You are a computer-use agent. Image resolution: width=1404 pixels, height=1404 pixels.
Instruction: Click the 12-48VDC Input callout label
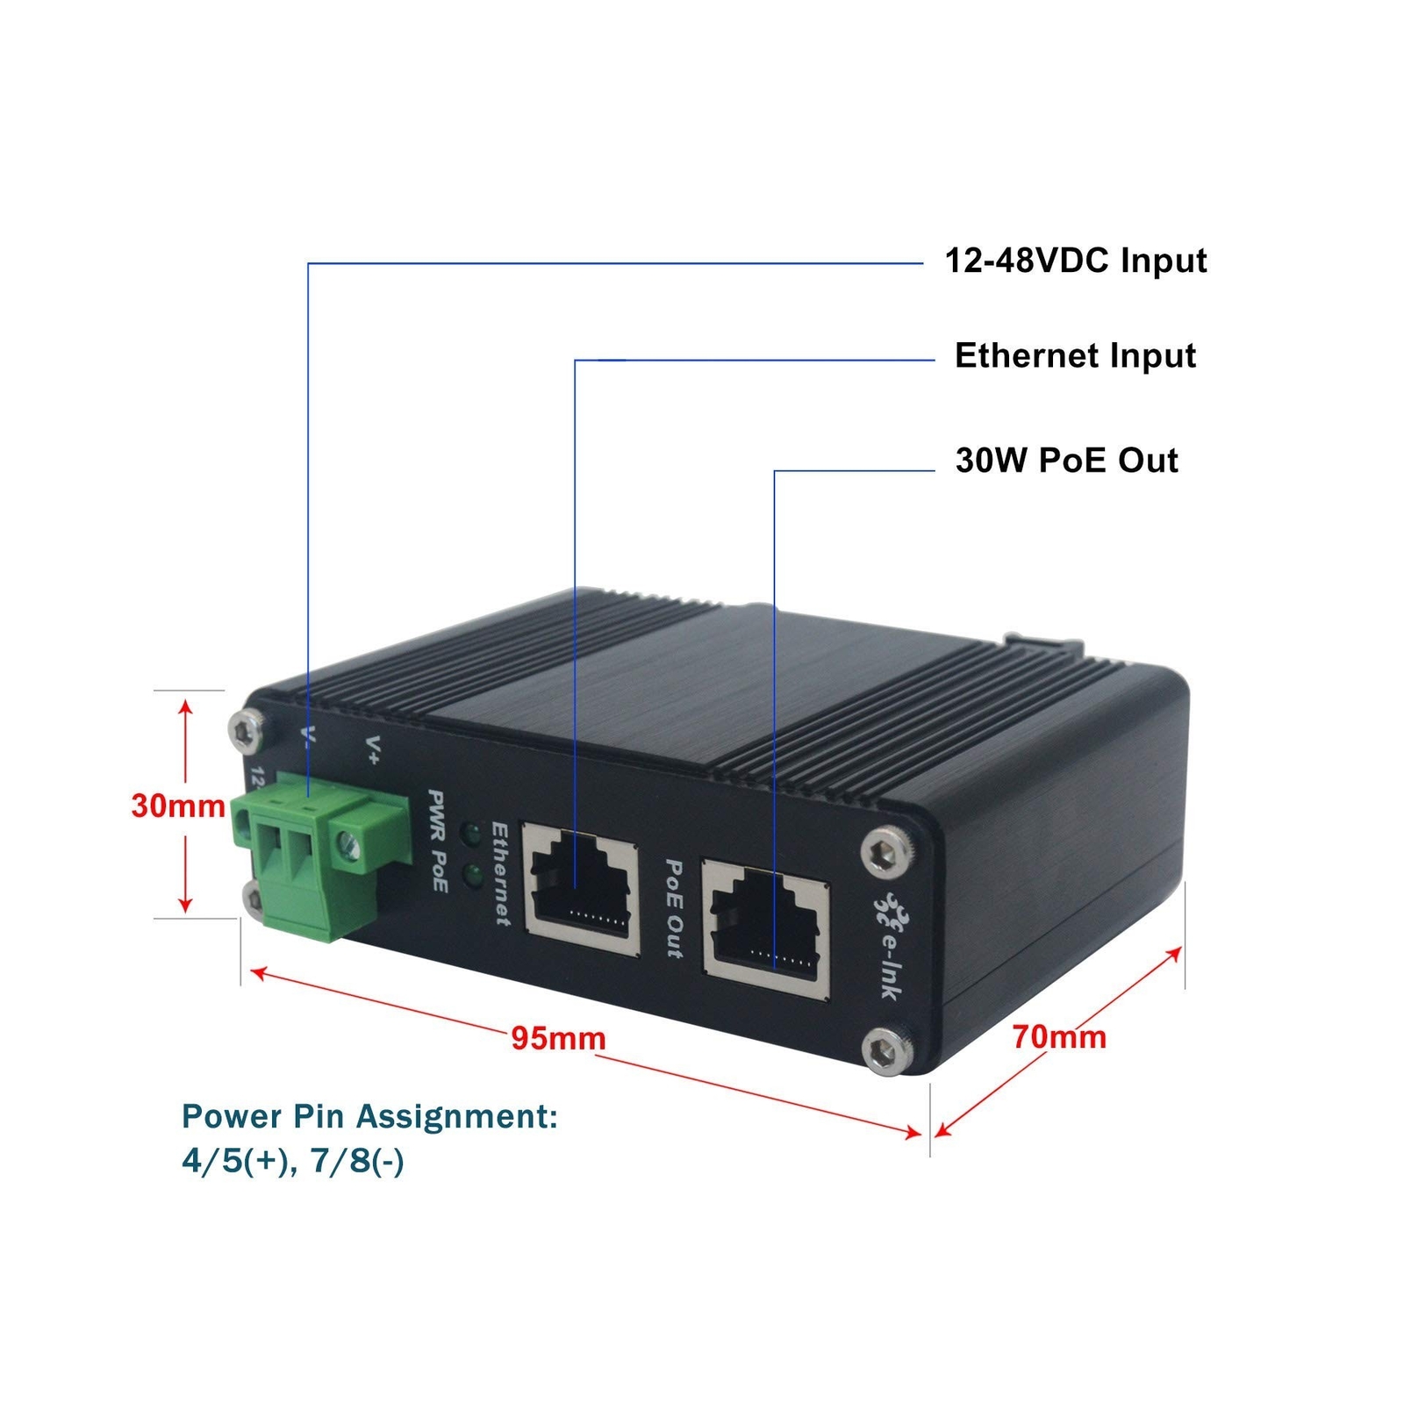(x=1075, y=261)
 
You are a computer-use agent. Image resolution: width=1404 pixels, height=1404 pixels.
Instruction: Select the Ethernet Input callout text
(x=1075, y=356)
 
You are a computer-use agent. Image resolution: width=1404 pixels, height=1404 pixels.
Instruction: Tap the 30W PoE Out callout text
(x=1066, y=461)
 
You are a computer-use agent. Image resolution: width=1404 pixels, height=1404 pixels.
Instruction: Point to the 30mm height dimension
(x=178, y=806)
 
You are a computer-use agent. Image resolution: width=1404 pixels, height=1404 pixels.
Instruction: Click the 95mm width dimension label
(x=558, y=1038)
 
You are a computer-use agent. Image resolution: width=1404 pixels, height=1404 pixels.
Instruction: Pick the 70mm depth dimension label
(x=1059, y=1037)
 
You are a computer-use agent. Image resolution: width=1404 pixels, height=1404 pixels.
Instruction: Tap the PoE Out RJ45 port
(x=766, y=928)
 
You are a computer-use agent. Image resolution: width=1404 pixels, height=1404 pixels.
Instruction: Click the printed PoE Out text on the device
(x=673, y=907)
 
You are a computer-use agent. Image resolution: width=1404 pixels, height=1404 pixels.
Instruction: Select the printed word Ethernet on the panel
(x=500, y=873)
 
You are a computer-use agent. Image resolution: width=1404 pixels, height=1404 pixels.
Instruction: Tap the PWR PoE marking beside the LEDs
(x=438, y=841)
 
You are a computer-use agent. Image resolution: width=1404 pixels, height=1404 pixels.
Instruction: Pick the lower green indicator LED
(x=474, y=874)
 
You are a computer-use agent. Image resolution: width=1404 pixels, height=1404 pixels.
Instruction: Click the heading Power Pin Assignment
(x=369, y=1116)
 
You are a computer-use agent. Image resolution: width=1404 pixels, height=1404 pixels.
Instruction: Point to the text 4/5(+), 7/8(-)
(x=293, y=1161)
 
